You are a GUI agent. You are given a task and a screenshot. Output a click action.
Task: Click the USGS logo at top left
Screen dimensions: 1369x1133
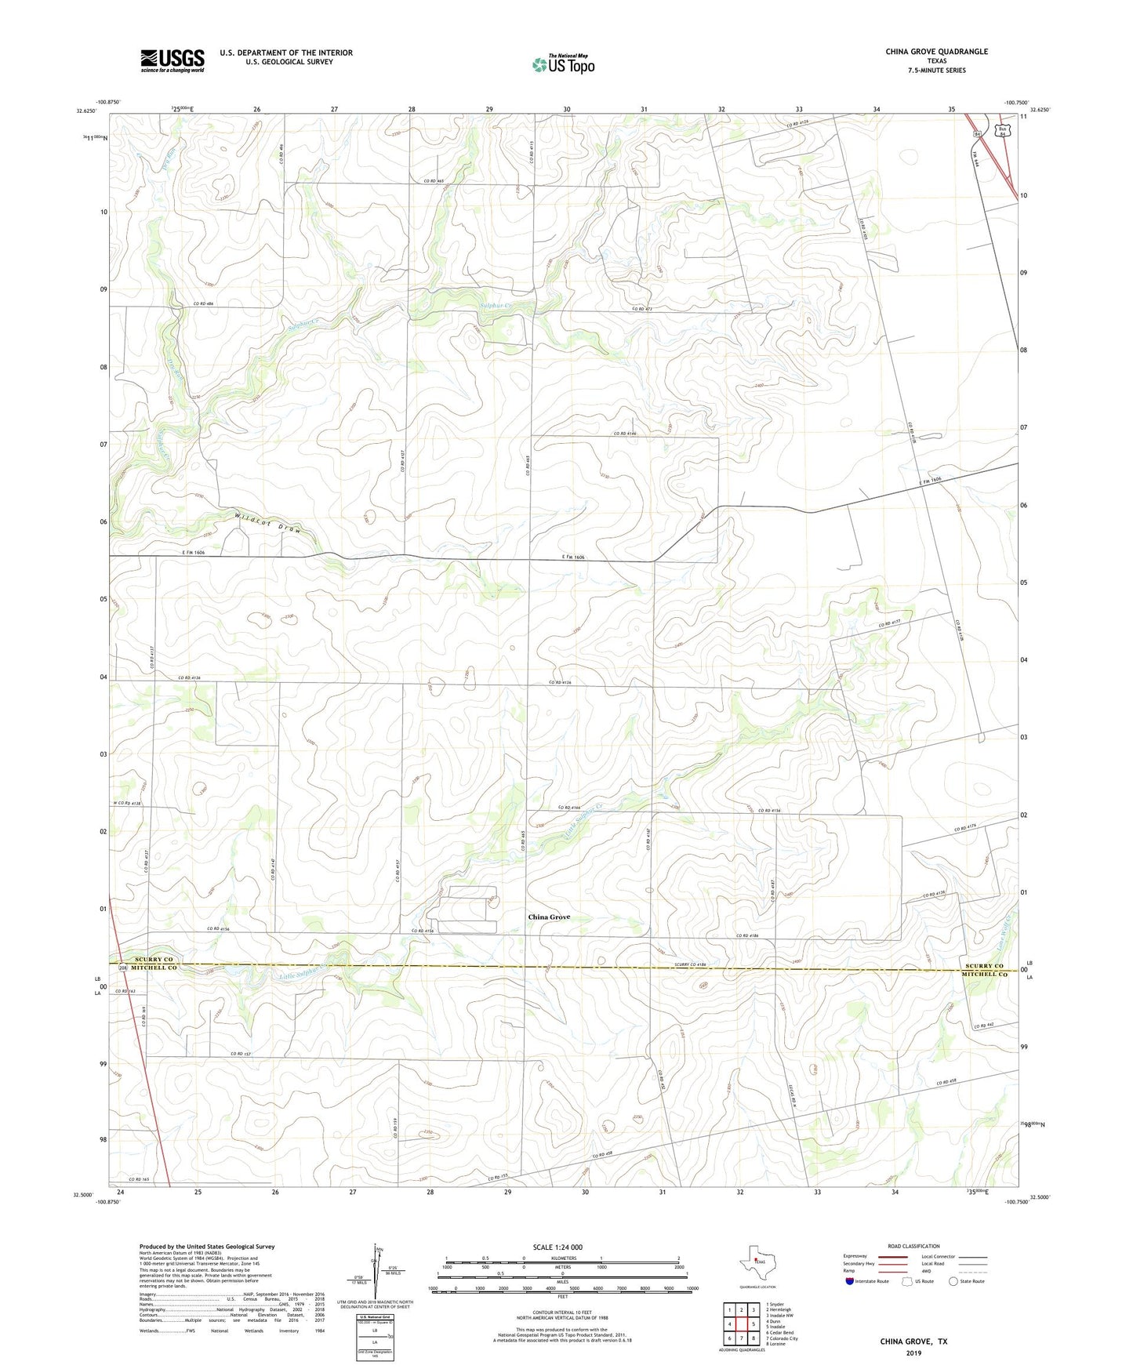click(x=172, y=60)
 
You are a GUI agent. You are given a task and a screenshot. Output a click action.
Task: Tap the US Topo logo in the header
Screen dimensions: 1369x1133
click(x=563, y=64)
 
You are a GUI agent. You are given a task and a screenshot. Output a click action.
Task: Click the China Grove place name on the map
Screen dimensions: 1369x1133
click(x=549, y=917)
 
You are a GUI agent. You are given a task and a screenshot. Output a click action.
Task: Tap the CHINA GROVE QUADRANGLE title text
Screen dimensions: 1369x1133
click(x=936, y=52)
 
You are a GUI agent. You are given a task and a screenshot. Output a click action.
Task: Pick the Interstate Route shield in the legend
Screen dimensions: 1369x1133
click(x=850, y=1281)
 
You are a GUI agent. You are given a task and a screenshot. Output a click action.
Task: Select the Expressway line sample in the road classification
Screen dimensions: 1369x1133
click(x=893, y=1256)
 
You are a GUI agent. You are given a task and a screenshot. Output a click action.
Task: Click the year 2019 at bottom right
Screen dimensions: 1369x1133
click(x=913, y=1353)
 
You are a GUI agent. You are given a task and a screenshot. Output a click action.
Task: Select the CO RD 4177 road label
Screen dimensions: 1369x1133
click(x=890, y=623)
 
